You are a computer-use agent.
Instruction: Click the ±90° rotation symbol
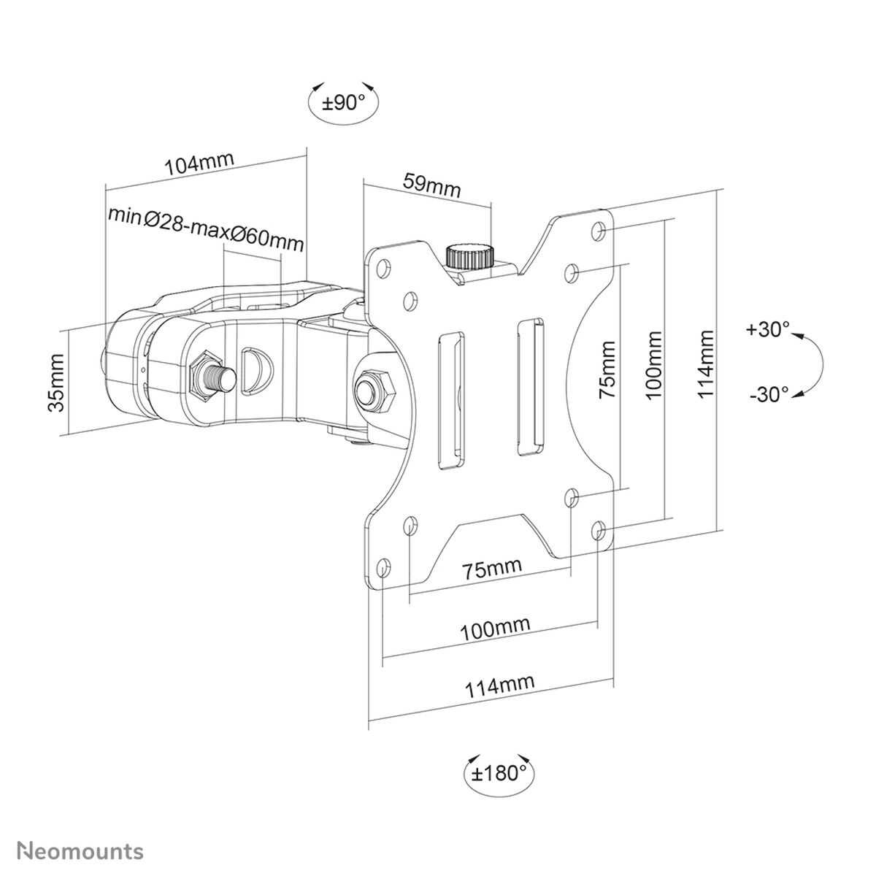[x=344, y=102]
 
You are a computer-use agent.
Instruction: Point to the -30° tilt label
[x=768, y=395]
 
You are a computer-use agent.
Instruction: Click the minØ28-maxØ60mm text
[x=205, y=228]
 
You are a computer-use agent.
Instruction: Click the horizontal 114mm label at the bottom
[x=500, y=684]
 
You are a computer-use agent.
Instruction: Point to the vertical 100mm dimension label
[x=654, y=364]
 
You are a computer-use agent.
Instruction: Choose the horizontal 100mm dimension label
[x=494, y=627]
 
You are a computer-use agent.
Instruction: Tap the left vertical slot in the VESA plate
[x=450, y=400]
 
